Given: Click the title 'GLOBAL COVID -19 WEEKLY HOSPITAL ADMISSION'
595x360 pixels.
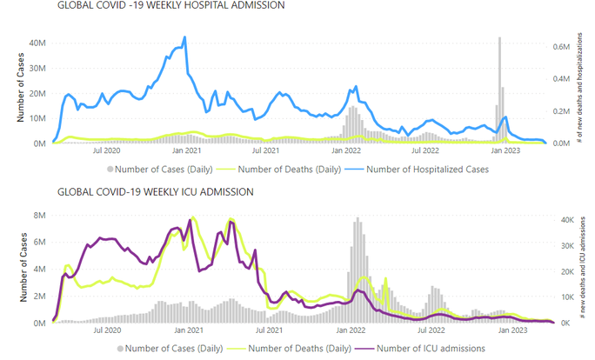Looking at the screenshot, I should point(170,6).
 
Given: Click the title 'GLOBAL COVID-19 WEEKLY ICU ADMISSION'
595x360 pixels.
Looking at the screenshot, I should point(156,191).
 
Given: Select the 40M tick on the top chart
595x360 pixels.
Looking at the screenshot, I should point(36,42).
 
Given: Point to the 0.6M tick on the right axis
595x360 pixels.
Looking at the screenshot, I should point(562,45).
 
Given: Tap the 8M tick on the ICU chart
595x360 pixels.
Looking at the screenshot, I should point(39,215).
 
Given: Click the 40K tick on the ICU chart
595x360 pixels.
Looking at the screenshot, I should point(565,220).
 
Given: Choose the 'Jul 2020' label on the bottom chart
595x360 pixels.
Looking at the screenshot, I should point(107,331).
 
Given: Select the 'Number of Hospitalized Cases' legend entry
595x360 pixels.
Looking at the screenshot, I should point(426,170).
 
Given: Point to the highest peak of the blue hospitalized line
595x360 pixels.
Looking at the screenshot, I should point(184,37).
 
